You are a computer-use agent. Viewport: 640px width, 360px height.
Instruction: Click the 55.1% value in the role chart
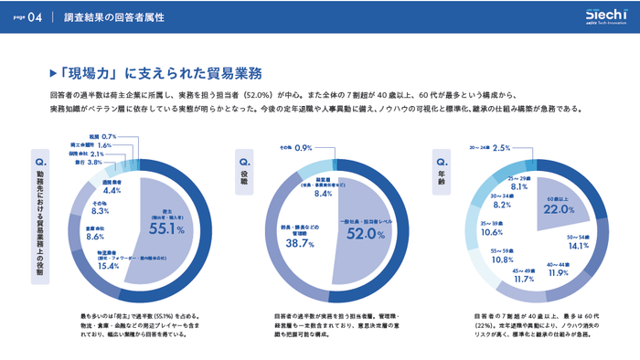point(167,230)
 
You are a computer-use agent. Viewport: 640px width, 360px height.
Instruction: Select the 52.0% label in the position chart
point(366,234)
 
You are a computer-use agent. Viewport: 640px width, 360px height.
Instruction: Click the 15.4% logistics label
point(109,266)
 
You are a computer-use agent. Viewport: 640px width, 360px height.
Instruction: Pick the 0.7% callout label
point(108,135)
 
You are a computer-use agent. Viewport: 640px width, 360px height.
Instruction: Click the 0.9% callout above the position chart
point(304,147)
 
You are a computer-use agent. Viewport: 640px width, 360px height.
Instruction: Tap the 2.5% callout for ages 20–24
point(500,147)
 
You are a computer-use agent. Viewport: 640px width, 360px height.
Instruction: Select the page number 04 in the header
point(34,17)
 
